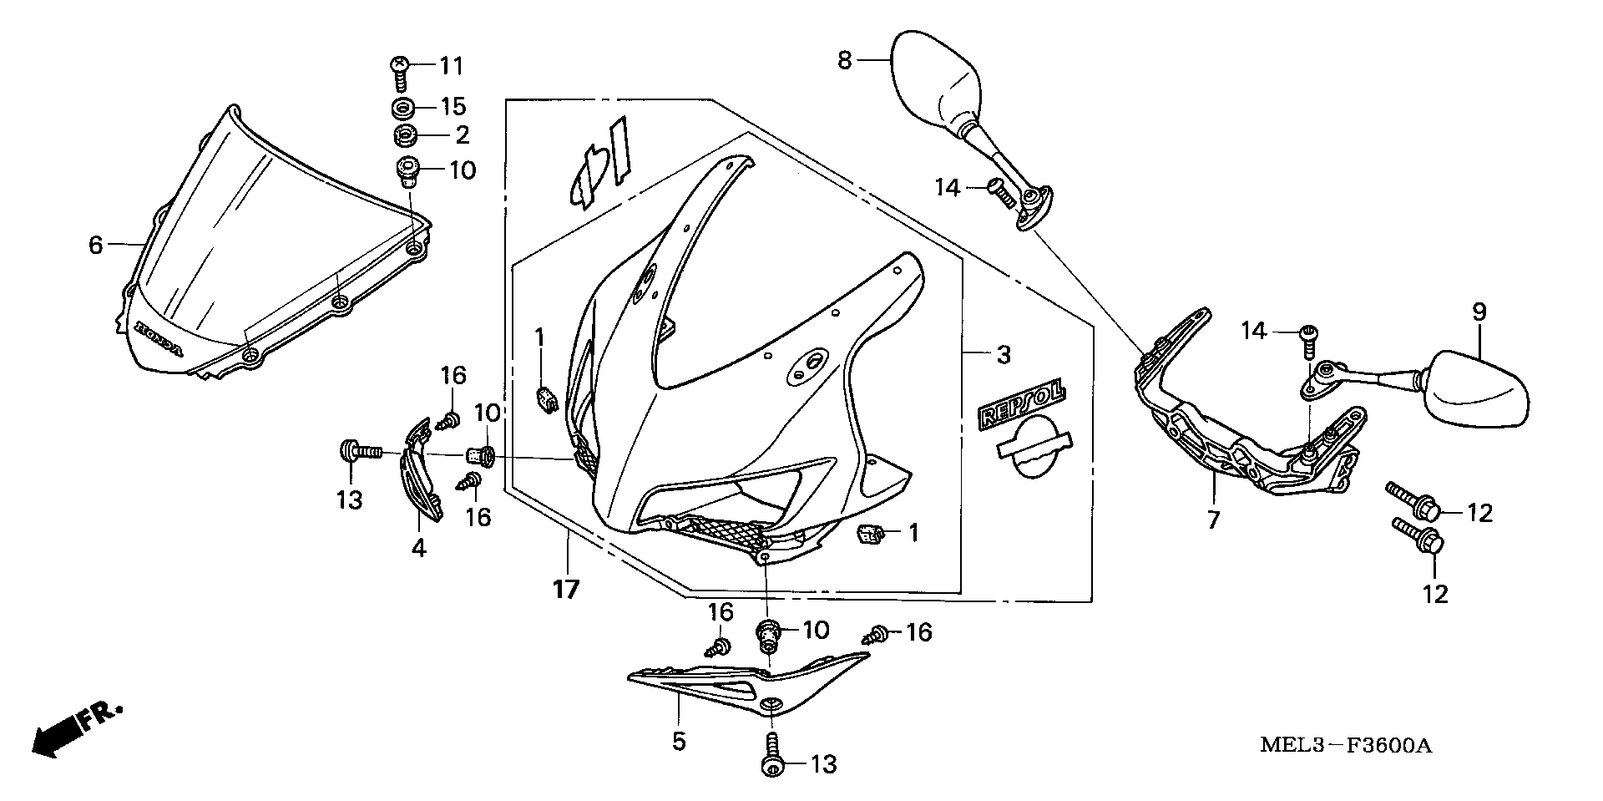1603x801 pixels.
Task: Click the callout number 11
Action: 451,65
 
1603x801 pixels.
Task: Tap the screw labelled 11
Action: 400,72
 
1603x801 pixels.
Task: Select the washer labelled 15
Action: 404,108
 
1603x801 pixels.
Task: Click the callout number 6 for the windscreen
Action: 96,245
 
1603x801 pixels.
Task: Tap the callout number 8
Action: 845,60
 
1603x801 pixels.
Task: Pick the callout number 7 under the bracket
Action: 1213,520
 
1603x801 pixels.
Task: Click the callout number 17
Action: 565,590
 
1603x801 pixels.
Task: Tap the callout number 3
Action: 1003,354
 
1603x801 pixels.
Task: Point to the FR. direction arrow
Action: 75,727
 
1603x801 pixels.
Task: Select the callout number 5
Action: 679,740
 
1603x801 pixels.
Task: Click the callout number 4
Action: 419,548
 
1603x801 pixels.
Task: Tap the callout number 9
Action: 1479,313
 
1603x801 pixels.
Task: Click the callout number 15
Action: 454,107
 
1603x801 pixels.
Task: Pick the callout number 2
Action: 462,134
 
